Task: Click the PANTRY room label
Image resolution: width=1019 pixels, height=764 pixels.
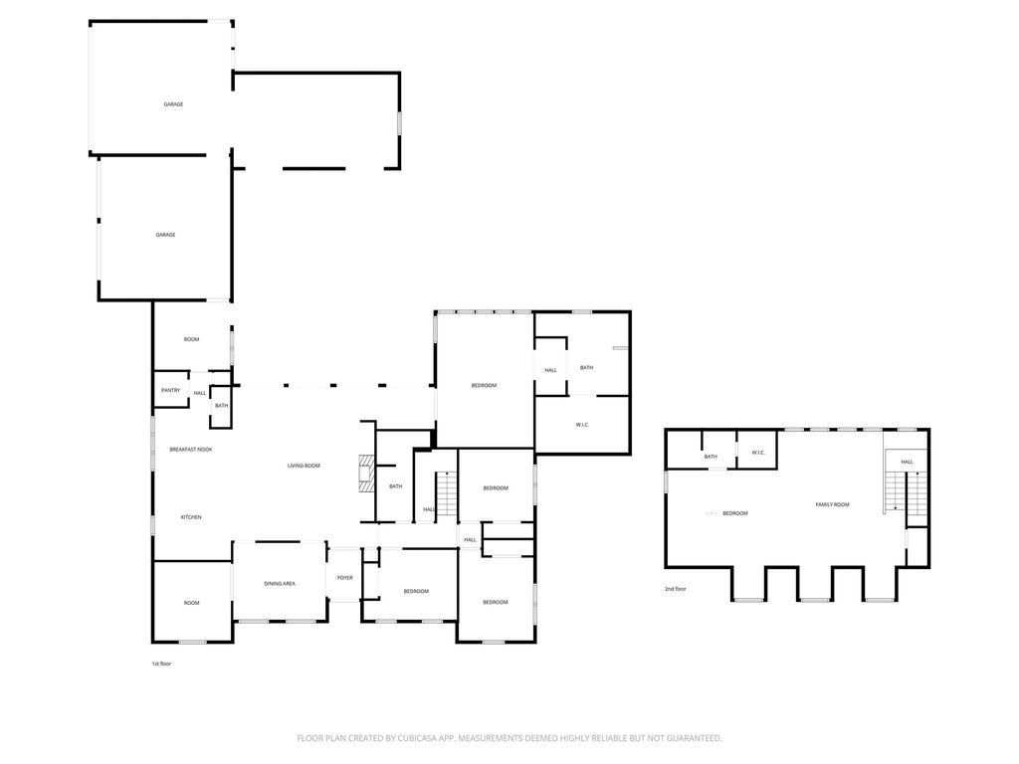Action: tap(171, 390)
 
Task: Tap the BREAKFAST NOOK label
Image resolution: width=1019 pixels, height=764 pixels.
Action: tap(191, 450)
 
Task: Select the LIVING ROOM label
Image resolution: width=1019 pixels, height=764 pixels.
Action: tap(304, 466)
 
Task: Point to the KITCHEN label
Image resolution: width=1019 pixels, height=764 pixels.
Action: tap(191, 517)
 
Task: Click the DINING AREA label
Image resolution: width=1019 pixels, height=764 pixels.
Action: tap(280, 583)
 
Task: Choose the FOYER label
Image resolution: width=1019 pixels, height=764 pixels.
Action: tap(345, 578)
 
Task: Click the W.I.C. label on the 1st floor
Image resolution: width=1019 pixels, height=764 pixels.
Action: tap(582, 425)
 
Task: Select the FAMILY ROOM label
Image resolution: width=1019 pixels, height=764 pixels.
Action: tap(833, 504)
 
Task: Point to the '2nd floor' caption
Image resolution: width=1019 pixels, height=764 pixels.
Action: tap(676, 589)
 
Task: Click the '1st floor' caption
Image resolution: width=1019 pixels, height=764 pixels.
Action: tap(161, 664)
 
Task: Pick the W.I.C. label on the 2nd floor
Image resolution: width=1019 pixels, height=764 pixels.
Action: tap(758, 453)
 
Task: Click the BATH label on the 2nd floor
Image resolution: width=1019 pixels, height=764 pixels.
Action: tap(711, 456)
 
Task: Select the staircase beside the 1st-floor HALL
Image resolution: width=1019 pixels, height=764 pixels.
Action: tap(447, 493)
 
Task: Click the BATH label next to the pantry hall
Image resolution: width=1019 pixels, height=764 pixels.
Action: tap(222, 406)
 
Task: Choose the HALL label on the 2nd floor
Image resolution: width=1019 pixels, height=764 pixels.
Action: tap(908, 462)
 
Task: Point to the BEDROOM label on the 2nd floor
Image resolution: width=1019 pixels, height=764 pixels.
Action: tap(735, 513)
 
